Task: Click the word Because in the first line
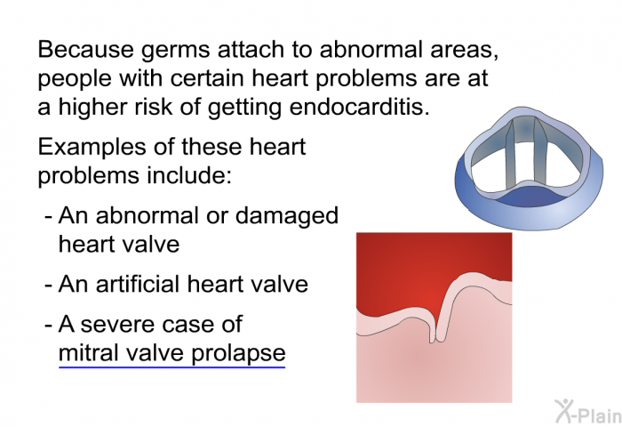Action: tap(86, 49)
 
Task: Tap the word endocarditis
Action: tap(360, 107)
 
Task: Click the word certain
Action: tap(207, 78)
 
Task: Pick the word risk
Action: tap(154, 107)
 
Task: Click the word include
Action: tap(189, 175)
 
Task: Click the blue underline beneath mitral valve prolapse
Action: tap(172, 367)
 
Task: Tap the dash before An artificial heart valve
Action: tap(48, 286)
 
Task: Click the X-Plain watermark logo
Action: tap(588, 412)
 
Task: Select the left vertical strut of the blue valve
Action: tap(510, 155)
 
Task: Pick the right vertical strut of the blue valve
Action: tap(539, 153)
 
